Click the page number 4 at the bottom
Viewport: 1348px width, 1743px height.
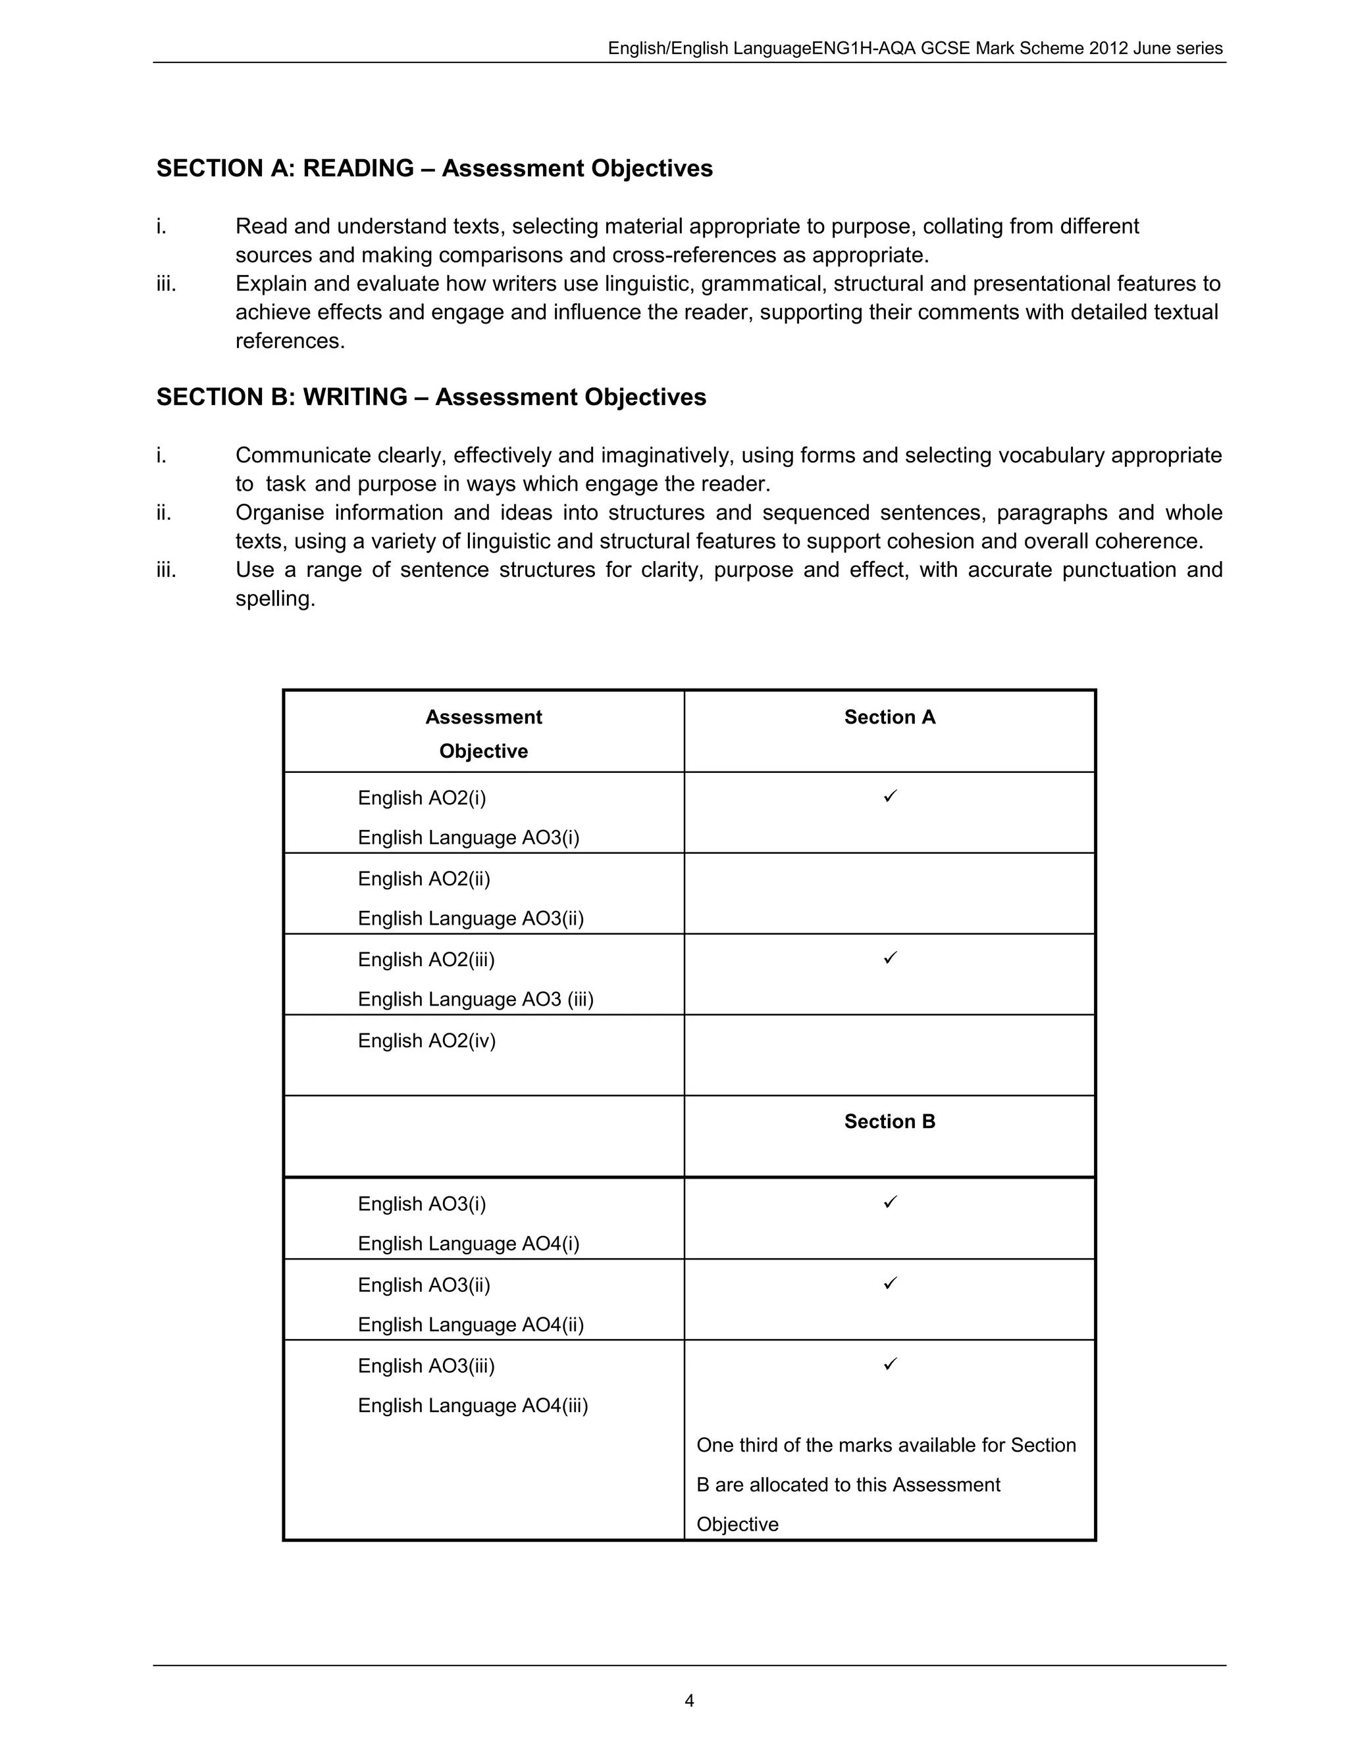click(689, 1701)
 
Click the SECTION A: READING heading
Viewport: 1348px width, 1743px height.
click(434, 168)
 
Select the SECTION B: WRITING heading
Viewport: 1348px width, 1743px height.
click(431, 397)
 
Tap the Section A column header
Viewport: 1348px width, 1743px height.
click(890, 717)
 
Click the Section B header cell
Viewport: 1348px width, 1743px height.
click(890, 1121)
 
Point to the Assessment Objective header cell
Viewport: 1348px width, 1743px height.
click(483, 733)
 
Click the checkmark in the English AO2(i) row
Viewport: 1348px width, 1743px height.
click(891, 796)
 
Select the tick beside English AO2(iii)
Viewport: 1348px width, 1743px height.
click(891, 957)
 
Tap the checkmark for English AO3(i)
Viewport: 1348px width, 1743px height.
click(891, 1202)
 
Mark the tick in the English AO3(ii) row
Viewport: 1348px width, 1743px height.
click(891, 1283)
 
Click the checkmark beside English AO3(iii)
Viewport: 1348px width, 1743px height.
click(891, 1364)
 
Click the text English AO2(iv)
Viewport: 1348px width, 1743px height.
click(427, 1041)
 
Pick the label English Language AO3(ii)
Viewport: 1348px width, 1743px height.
click(471, 919)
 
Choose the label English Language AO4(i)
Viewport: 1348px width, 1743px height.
click(468, 1243)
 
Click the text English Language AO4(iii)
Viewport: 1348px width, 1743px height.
click(473, 1406)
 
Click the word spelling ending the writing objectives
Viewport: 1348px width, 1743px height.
click(276, 599)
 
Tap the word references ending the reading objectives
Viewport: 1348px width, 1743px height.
click(290, 341)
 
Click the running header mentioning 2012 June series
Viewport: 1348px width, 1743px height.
click(914, 48)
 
